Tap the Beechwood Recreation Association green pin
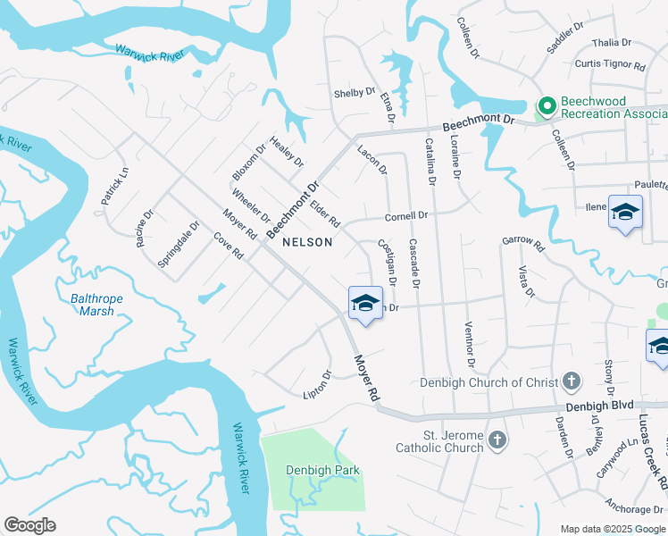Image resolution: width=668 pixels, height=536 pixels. [x=546, y=107]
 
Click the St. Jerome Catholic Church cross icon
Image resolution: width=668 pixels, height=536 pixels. [x=497, y=440]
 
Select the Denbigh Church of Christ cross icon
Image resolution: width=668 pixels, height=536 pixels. [x=572, y=382]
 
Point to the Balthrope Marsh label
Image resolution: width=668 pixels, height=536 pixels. [x=91, y=305]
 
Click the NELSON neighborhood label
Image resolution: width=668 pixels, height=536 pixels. [x=307, y=242]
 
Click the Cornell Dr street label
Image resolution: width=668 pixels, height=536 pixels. [x=407, y=215]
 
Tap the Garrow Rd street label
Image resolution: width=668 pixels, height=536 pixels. [x=522, y=241]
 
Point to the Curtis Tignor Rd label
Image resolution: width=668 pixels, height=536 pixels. [x=610, y=64]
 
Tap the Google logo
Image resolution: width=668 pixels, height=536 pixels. [x=29, y=525]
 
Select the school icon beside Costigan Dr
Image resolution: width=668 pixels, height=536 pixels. [x=364, y=303]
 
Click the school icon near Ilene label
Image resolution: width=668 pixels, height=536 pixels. [x=625, y=213]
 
